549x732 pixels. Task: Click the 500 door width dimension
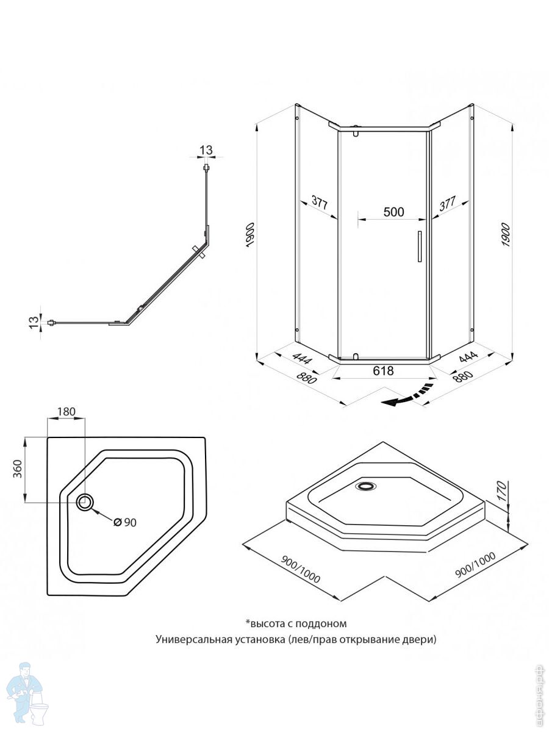click(x=393, y=212)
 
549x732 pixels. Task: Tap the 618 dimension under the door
click(x=383, y=371)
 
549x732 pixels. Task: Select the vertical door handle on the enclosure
click(x=420, y=246)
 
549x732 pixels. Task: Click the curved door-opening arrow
click(x=407, y=396)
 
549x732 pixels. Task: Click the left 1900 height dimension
click(x=251, y=235)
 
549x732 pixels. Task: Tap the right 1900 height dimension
click(x=506, y=235)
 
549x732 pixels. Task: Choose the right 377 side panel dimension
click(x=447, y=204)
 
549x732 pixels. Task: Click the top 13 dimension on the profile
click(x=206, y=150)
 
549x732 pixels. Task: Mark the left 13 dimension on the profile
click(x=34, y=323)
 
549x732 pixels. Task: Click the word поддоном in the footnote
click(x=321, y=623)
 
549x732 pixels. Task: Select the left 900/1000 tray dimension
click(x=300, y=570)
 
